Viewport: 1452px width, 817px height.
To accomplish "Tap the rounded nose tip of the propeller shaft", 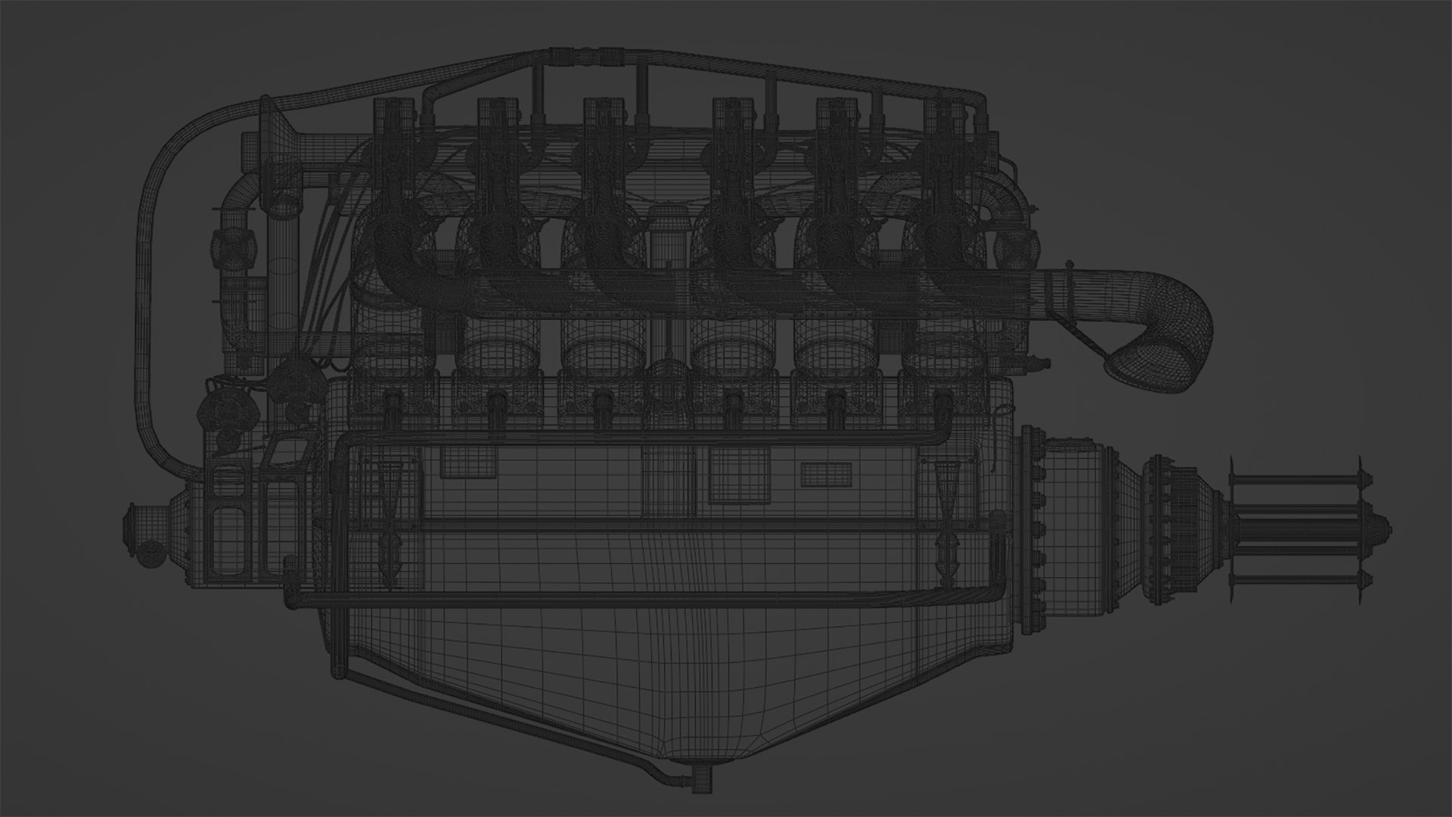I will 1385,527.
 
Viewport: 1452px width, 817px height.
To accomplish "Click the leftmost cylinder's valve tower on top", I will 395,121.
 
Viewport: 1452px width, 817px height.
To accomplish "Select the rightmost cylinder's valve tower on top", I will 945,121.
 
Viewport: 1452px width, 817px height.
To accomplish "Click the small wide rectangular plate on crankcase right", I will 826,474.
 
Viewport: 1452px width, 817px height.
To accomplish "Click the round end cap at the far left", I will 136,522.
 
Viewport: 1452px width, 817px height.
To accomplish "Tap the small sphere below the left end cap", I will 149,554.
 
